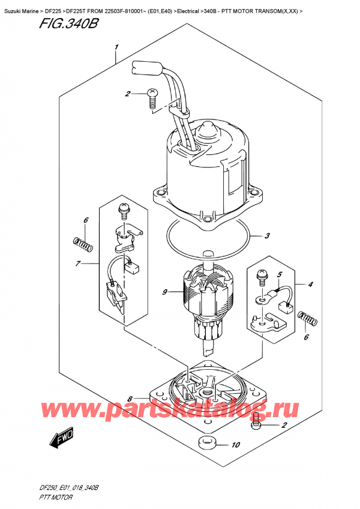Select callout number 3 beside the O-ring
[x=268, y=236]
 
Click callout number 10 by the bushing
[x=235, y=445]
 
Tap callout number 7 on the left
[x=79, y=264]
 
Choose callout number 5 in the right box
[x=278, y=276]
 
